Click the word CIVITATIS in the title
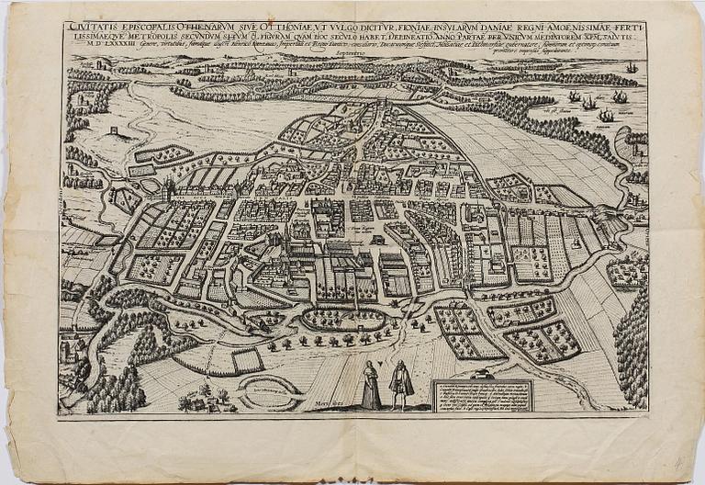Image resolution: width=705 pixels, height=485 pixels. tap(89, 28)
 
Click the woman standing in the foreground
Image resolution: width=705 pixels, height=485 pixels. tap(371, 385)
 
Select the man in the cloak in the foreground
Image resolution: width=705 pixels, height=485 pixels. tap(400, 385)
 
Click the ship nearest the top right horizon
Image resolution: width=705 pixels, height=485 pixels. tap(631, 68)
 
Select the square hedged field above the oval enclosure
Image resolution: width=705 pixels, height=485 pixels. tap(247, 361)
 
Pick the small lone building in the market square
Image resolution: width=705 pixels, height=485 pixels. tap(377, 240)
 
